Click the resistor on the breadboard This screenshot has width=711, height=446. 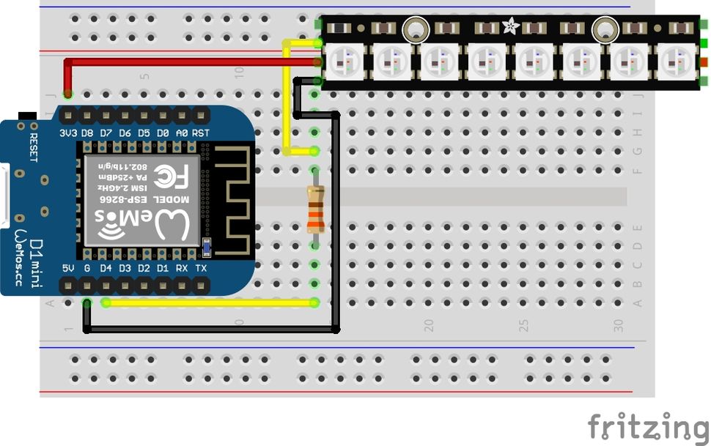(315, 209)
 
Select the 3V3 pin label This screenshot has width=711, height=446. (67, 133)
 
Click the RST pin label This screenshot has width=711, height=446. (201, 133)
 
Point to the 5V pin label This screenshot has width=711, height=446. (69, 268)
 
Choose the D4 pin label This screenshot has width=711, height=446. (106, 268)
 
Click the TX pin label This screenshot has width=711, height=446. (201, 268)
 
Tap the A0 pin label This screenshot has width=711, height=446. (182, 133)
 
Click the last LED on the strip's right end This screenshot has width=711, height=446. (674, 62)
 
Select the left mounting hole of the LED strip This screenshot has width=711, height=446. (416, 29)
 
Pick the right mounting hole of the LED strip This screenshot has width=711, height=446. (605, 29)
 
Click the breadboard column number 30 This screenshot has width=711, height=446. (618, 323)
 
